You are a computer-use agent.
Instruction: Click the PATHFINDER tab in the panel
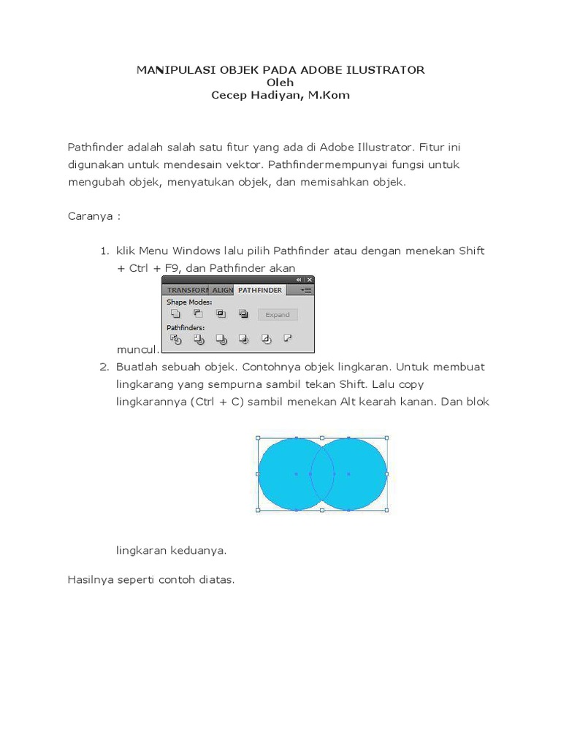(259, 290)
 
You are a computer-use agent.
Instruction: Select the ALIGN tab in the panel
(223, 290)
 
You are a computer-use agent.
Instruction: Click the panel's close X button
(309, 280)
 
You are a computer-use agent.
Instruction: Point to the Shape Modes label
(188, 302)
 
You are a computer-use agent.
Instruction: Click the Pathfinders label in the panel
(186, 328)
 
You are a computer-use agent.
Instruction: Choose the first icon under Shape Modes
(175, 314)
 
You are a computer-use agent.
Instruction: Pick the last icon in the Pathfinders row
(288, 339)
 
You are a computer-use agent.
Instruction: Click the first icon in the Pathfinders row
(175, 339)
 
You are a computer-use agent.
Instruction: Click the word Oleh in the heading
(280, 83)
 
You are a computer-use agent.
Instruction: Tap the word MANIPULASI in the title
(167, 70)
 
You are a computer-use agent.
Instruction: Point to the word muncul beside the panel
(137, 349)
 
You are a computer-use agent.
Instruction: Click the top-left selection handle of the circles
(258, 438)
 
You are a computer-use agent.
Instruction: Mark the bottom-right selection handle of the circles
(386, 510)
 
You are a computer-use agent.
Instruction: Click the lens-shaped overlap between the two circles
(322, 474)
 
